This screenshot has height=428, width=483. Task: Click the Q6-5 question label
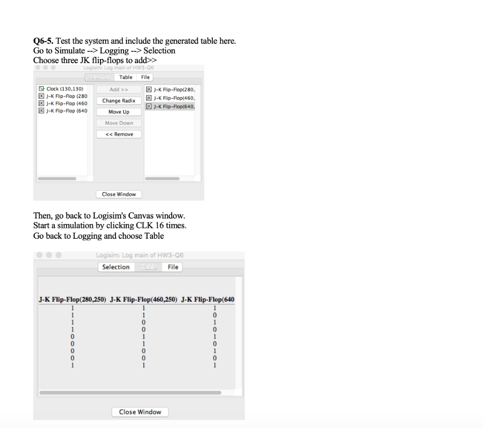click(x=44, y=41)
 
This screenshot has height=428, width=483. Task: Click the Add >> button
click(x=119, y=89)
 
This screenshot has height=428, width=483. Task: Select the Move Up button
click(x=119, y=112)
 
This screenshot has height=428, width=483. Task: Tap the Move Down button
click(x=119, y=123)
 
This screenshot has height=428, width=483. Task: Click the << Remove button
click(x=119, y=135)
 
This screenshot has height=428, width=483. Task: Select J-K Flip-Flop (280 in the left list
click(x=63, y=96)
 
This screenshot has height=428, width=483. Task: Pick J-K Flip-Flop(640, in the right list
click(x=170, y=106)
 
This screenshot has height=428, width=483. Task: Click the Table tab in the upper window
click(x=126, y=77)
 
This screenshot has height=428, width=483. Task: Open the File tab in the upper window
click(x=146, y=77)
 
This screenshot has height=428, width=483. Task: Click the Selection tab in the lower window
click(x=116, y=267)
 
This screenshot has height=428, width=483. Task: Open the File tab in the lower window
click(x=173, y=267)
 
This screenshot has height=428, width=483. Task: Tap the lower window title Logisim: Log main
click(x=140, y=255)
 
